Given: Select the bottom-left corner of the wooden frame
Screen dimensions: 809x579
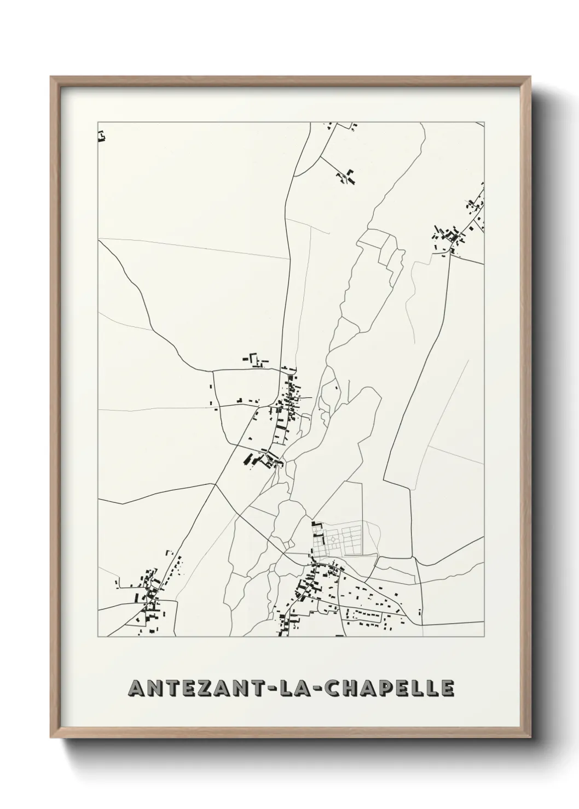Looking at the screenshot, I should coord(51,740).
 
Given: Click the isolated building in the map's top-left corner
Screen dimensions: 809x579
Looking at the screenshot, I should coord(101,136).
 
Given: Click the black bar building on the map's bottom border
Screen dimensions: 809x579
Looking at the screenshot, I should coord(339,636).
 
